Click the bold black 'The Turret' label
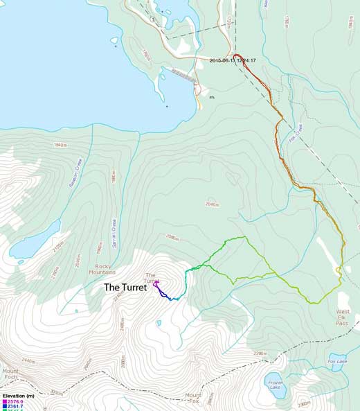pyautogui.click(x=125, y=287)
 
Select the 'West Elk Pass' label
pyautogui.click(x=343, y=317)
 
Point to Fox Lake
pyautogui.click(x=337, y=362)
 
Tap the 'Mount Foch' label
pyautogui.click(x=10, y=375)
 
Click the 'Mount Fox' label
pyautogui.click(x=193, y=399)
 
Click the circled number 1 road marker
pyautogui.click(x=152, y=19)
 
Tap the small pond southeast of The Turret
pyautogui.click(x=159, y=323)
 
